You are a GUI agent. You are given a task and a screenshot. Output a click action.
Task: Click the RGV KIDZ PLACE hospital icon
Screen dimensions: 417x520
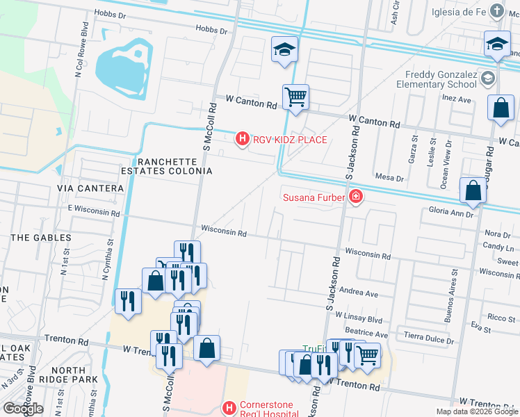[243, 140]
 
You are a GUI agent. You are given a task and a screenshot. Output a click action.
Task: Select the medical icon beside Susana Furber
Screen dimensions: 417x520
[357, 197]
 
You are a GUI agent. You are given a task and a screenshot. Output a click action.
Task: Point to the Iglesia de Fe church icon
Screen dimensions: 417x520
[496, 10]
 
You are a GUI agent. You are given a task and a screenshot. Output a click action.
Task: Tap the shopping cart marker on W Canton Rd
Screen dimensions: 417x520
[295, 97]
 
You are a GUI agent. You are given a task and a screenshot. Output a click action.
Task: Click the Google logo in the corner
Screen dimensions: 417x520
[22, 409]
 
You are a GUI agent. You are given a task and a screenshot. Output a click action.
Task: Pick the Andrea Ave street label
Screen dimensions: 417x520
[359, 294]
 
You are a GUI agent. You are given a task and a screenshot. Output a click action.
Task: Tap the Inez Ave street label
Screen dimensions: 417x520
[456, 99]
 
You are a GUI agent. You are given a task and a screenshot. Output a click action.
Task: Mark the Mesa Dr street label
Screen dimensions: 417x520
[389, 178]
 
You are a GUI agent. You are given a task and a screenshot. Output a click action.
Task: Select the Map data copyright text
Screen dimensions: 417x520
[476, 411]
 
